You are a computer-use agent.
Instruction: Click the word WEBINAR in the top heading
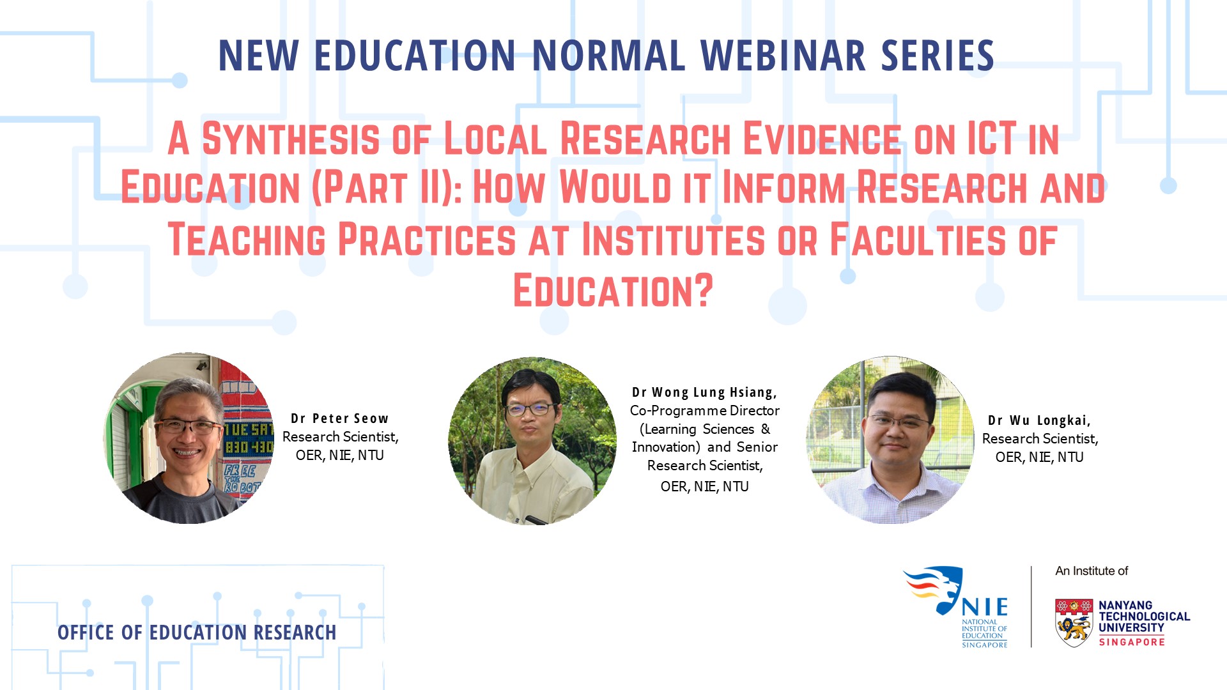click(783, 56)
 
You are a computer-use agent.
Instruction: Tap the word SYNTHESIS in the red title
click(291, 139)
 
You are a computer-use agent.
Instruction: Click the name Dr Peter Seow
click(339, 418)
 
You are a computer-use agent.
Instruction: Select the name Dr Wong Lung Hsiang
click(704, 392)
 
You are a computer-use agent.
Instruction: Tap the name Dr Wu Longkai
click(1039, 420)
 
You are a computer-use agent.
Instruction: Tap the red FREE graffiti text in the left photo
click(240, 472)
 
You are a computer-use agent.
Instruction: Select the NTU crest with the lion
click(1074, 622)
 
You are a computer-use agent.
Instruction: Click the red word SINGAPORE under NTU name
click(1132, 642)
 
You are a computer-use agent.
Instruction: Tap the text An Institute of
click(1092, 571)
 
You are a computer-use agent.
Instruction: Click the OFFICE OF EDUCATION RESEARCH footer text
click(197, 632)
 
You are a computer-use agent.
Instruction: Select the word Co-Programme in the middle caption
click(679, 411)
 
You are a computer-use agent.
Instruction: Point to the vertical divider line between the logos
click(1031, 607)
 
